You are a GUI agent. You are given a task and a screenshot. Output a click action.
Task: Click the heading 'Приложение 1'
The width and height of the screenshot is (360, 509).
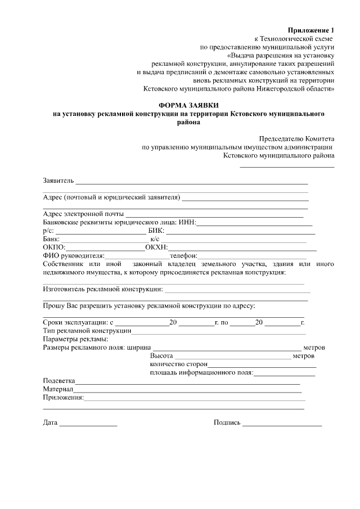[x=311, y=30]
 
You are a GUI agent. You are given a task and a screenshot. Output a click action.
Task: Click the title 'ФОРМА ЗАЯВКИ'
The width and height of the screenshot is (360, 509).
[x=188, y=106]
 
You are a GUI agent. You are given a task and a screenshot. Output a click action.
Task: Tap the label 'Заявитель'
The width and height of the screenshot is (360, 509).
[x=58, y=181]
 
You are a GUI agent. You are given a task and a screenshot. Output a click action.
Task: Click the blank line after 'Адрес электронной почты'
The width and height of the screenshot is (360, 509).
[x=214, y=214]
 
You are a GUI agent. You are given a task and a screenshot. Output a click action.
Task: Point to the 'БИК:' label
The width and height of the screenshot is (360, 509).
[x=155, y=231]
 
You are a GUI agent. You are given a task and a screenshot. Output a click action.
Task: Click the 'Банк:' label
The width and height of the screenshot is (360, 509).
[x=51, y=240]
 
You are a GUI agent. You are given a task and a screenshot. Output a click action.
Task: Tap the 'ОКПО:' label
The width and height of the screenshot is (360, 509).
[x=55, y=247]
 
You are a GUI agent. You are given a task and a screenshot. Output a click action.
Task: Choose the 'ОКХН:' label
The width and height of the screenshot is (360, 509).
[x=156, y=247]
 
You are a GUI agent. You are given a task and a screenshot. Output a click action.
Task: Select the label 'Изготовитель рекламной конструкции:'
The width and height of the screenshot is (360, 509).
[x=103, y=289]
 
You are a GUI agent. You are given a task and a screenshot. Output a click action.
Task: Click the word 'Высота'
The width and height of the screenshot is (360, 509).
[x=161, y=356]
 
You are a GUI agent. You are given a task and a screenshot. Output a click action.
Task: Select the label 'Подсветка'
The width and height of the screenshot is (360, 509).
[x=59, y=381]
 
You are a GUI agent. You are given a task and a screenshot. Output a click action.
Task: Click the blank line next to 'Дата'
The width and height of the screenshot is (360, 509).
[x=88, y=423]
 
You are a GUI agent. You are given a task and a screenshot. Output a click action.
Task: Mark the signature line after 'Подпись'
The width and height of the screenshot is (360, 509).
[x=282, y=423]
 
